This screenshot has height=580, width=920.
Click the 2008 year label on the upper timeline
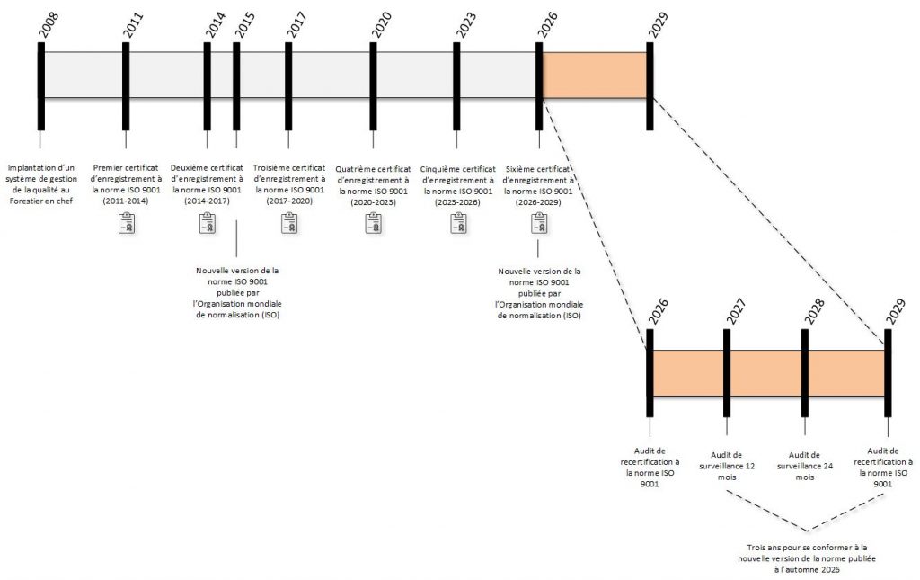pos(49,26)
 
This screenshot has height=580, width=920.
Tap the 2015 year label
pos(244,26)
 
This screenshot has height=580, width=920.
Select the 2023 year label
pos(466,26)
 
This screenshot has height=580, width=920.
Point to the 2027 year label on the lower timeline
pos(735,311)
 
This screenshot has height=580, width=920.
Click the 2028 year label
pos(814,311)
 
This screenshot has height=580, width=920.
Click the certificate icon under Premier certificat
pos(127,223)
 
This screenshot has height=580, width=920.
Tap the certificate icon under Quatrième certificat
pos(374,223)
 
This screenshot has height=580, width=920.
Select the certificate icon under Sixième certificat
pos(539,223)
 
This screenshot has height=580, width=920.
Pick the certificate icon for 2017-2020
pos(289,223)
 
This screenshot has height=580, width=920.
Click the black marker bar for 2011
pos(126,86)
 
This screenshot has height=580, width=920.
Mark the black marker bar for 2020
pos(373,86)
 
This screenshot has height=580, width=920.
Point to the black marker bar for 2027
pos(727,373)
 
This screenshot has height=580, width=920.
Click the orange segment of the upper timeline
pos(595,76)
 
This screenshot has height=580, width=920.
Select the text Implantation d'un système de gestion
pos(41,174)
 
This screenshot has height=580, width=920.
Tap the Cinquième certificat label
pos(457,185)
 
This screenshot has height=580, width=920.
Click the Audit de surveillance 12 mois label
pos(726,466)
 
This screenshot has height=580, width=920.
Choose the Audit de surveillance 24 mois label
pos(804,466)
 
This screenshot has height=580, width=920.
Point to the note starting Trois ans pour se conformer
pos(807,558)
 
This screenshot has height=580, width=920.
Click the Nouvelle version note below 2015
pos(237,293)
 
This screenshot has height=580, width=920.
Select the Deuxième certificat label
pos(207,184)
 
